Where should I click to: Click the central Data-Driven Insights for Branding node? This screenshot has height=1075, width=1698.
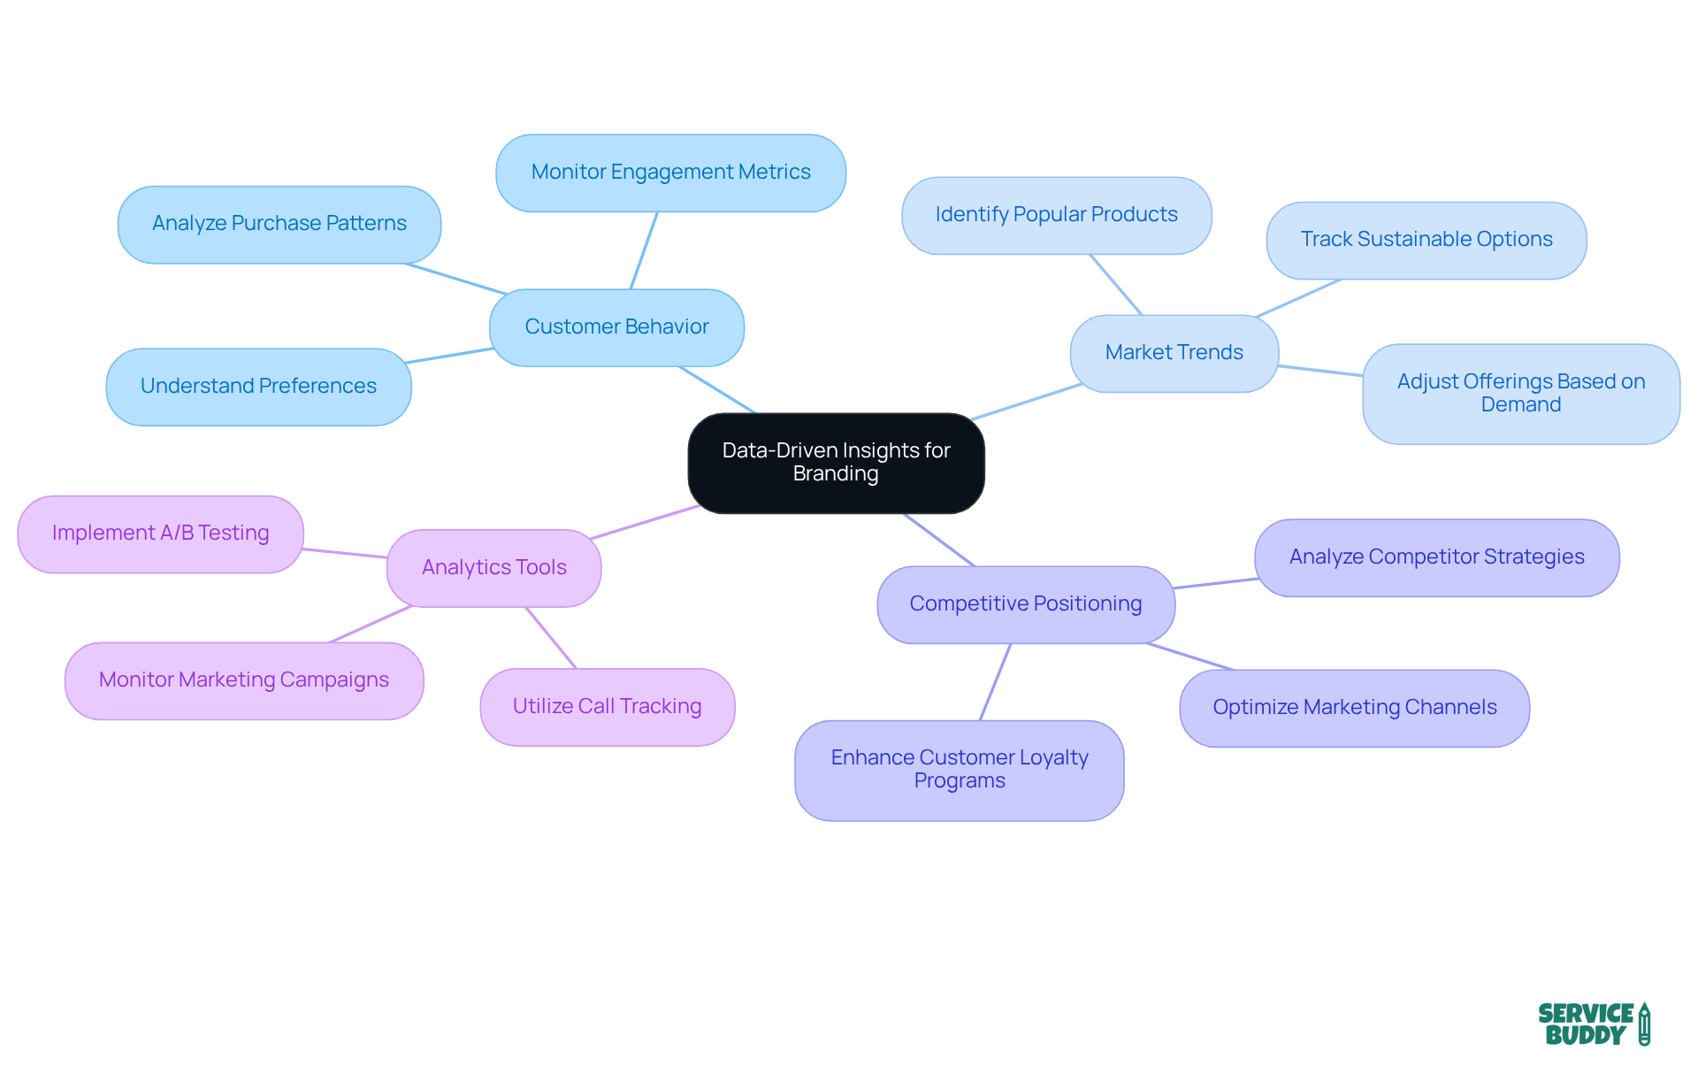pos(836,463)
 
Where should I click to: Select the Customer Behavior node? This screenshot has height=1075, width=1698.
pos(616,327)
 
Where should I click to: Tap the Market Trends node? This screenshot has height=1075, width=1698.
pos(1174,353)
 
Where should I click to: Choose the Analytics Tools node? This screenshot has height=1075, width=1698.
pos(493,568)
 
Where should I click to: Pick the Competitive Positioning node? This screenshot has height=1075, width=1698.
pos(1025,604)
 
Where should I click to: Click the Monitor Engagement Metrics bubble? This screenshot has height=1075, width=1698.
pos(670,173)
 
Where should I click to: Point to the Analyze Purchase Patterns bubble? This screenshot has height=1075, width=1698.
pos(279,224)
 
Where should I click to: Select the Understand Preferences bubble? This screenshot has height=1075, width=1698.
pos(258,387)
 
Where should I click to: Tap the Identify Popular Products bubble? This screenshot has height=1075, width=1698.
pos(1056,215)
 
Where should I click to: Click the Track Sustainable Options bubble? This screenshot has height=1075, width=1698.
pos(1426,240)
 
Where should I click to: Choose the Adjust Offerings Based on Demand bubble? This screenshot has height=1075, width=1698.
pos(1520,394)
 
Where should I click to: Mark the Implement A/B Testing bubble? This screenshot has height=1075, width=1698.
pos(160,534)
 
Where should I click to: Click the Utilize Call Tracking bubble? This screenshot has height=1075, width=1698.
pos(607,707)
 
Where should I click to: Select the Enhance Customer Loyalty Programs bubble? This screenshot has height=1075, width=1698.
pos(959,770)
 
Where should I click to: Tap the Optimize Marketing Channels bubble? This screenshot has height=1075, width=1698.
pos(1354,708)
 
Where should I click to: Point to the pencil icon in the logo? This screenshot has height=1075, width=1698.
pos(1644,1025)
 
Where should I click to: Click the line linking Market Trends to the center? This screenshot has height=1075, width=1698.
pos(1026,403)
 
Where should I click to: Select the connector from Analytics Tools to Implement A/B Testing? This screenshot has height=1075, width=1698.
pos(345,553)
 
